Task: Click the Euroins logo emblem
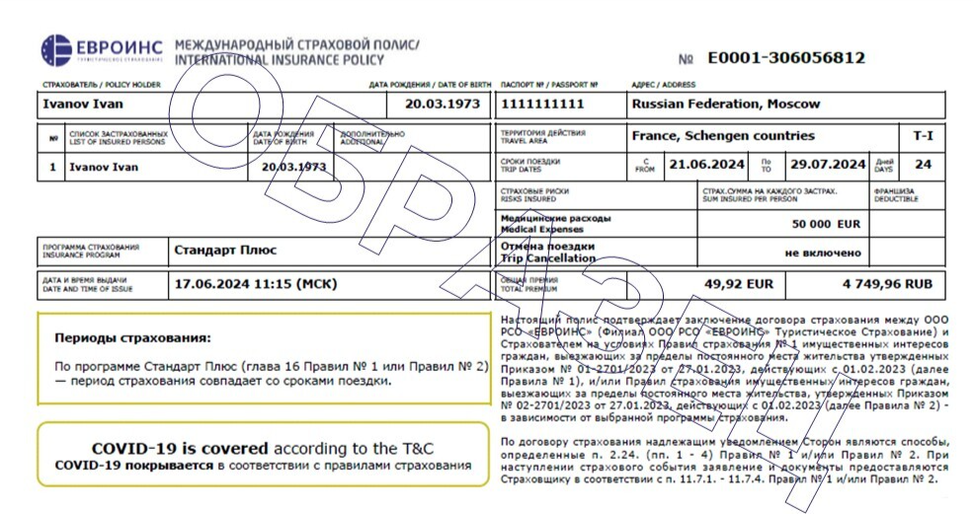[x=57, y=50]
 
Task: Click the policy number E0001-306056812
[x=786, y=58]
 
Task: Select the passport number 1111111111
[x=543, y=104]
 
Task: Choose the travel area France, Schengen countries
[x=723, y=136]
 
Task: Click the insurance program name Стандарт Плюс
[x=225, y=250]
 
